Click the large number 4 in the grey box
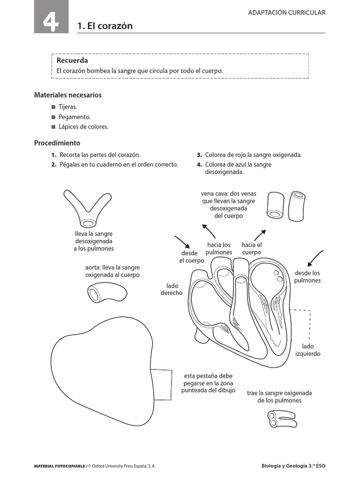51,22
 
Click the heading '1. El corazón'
105,26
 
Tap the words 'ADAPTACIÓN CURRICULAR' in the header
286,13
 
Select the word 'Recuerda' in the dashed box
72,60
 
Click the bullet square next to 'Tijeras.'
53,107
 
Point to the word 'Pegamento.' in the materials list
75,117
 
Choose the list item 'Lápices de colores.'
83,127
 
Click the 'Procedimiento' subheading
57,143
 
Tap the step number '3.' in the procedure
199,155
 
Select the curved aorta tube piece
106,292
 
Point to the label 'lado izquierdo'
307,350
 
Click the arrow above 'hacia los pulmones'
209,231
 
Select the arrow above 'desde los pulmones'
315,258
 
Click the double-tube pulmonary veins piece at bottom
281,419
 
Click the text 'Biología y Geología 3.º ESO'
293,466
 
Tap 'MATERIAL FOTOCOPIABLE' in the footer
60,466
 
